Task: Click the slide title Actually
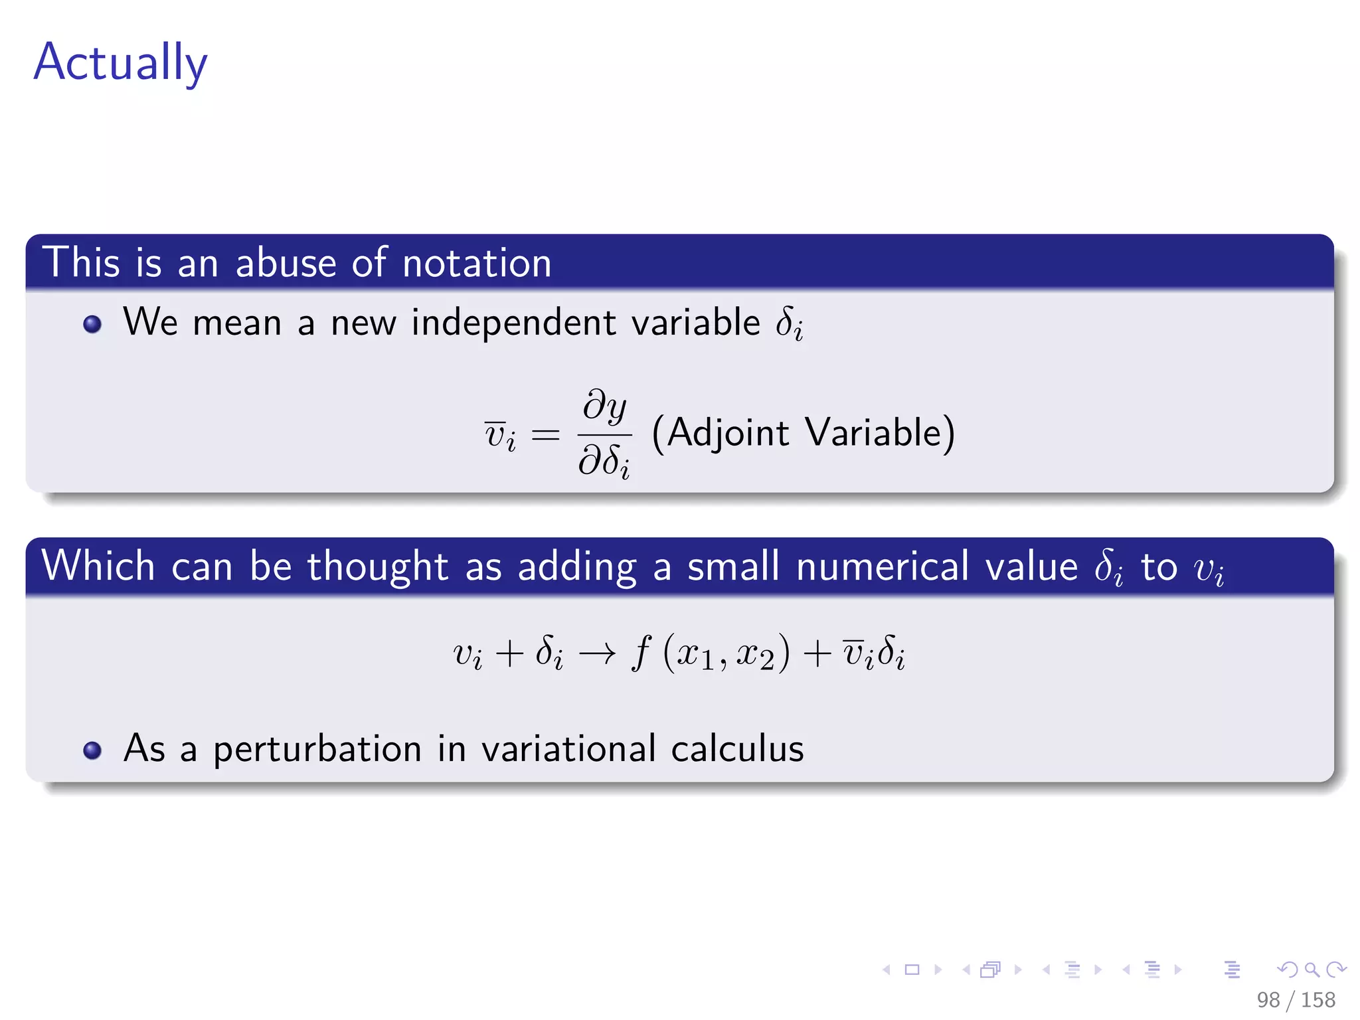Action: pyautogui.click(x=120, y=62)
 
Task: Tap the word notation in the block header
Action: pyautogui.click(x=477, y=262)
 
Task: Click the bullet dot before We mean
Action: pyautogui.click(x=92, y=324)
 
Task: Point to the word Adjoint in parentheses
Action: pyautogui.click(x=728, y=433)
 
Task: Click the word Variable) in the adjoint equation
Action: pyautogui.click(x=881, y=433)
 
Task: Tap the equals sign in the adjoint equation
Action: pyautogui.click(x=545, y=436)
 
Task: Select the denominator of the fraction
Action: pyautogui.click(x=604, y=460)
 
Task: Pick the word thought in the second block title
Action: pyautogui.click(x=377, y=566)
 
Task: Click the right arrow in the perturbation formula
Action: pyautogui.click(x=597, y=655)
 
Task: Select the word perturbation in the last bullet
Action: pyautogui.click(x=317, y=749)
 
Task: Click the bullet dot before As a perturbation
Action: pyautogui.click(x=92, y=750)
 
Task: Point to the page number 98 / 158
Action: pyautogui.click(x=1296, y=999)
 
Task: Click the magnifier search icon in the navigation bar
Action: pyautogui.click(x=1312, y=970)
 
